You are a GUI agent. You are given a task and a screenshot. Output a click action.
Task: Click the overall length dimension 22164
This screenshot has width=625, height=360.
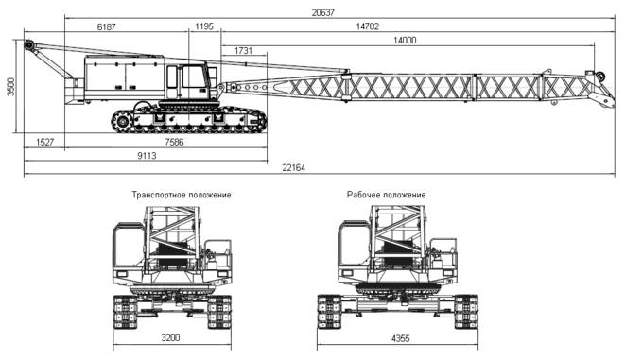pos(293,167)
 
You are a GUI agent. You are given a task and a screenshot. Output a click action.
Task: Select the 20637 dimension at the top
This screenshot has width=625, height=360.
pos(322,12)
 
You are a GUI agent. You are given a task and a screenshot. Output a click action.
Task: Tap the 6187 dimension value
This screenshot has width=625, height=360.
pos(107,27)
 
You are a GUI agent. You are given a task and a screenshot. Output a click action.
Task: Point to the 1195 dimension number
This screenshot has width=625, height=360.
pos(204,26)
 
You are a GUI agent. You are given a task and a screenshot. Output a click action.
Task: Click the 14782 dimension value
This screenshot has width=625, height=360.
pos(368,26)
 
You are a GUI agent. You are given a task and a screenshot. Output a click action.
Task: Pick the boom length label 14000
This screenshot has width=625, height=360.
pos(405,41)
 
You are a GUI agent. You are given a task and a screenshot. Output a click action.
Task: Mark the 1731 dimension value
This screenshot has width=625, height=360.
pos(243,51)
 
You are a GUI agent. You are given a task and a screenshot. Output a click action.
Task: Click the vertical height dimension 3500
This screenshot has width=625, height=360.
pos(10,86)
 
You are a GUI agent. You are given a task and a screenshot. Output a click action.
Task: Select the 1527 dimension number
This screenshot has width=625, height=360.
pos(44,142)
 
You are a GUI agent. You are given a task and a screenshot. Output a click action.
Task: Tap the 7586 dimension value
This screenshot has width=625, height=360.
pos(174,142)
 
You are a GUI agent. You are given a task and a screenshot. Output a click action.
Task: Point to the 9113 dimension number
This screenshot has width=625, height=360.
pos(147,156)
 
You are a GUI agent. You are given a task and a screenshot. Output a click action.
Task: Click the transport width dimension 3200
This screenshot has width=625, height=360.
pos(170,338)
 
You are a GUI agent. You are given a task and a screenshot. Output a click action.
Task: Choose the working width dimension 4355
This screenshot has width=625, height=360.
pos(400,339)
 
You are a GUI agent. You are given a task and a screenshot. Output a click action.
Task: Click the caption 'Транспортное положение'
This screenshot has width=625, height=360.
pos(182,196)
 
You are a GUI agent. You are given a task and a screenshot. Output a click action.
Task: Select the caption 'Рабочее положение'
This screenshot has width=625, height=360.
pos(386,196)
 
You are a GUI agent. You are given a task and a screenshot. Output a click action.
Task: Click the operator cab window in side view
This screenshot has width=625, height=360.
pos(193,77)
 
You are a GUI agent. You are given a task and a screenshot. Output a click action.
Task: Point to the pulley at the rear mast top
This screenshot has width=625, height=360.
pos(28,44)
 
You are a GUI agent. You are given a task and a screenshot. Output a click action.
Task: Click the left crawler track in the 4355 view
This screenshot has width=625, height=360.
pos(329,312)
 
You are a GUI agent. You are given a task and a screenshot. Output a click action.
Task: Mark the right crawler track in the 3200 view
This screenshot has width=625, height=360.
pos(219,312)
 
